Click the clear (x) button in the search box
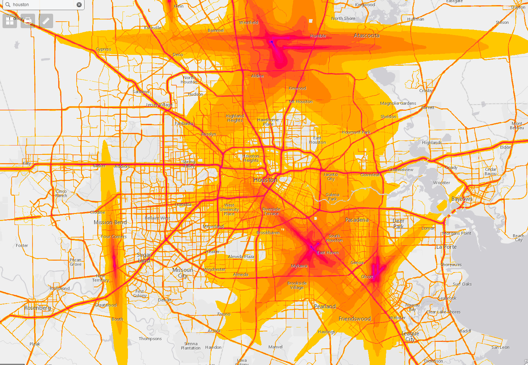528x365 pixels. [79, 5]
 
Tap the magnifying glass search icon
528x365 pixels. [8, 5]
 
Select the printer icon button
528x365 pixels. [28, 21]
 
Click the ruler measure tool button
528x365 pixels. [46, 21]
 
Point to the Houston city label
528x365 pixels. [266, 180]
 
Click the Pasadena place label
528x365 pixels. [357, 220]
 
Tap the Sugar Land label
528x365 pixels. [144, 258]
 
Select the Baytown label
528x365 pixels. [462, 199]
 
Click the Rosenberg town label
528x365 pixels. [38, 308]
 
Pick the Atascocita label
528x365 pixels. [366, 35]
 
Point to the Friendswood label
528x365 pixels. [355, 319]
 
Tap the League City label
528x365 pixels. [410, 336]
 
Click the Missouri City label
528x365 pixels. [183, 273]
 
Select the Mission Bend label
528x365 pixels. [110, 222]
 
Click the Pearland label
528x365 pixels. [325, 307]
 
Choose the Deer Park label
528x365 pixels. [398, 224]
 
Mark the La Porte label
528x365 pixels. [446, 247]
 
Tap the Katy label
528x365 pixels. [27, 163]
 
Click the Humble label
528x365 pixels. [318, 36]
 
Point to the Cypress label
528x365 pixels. [103, 49]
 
